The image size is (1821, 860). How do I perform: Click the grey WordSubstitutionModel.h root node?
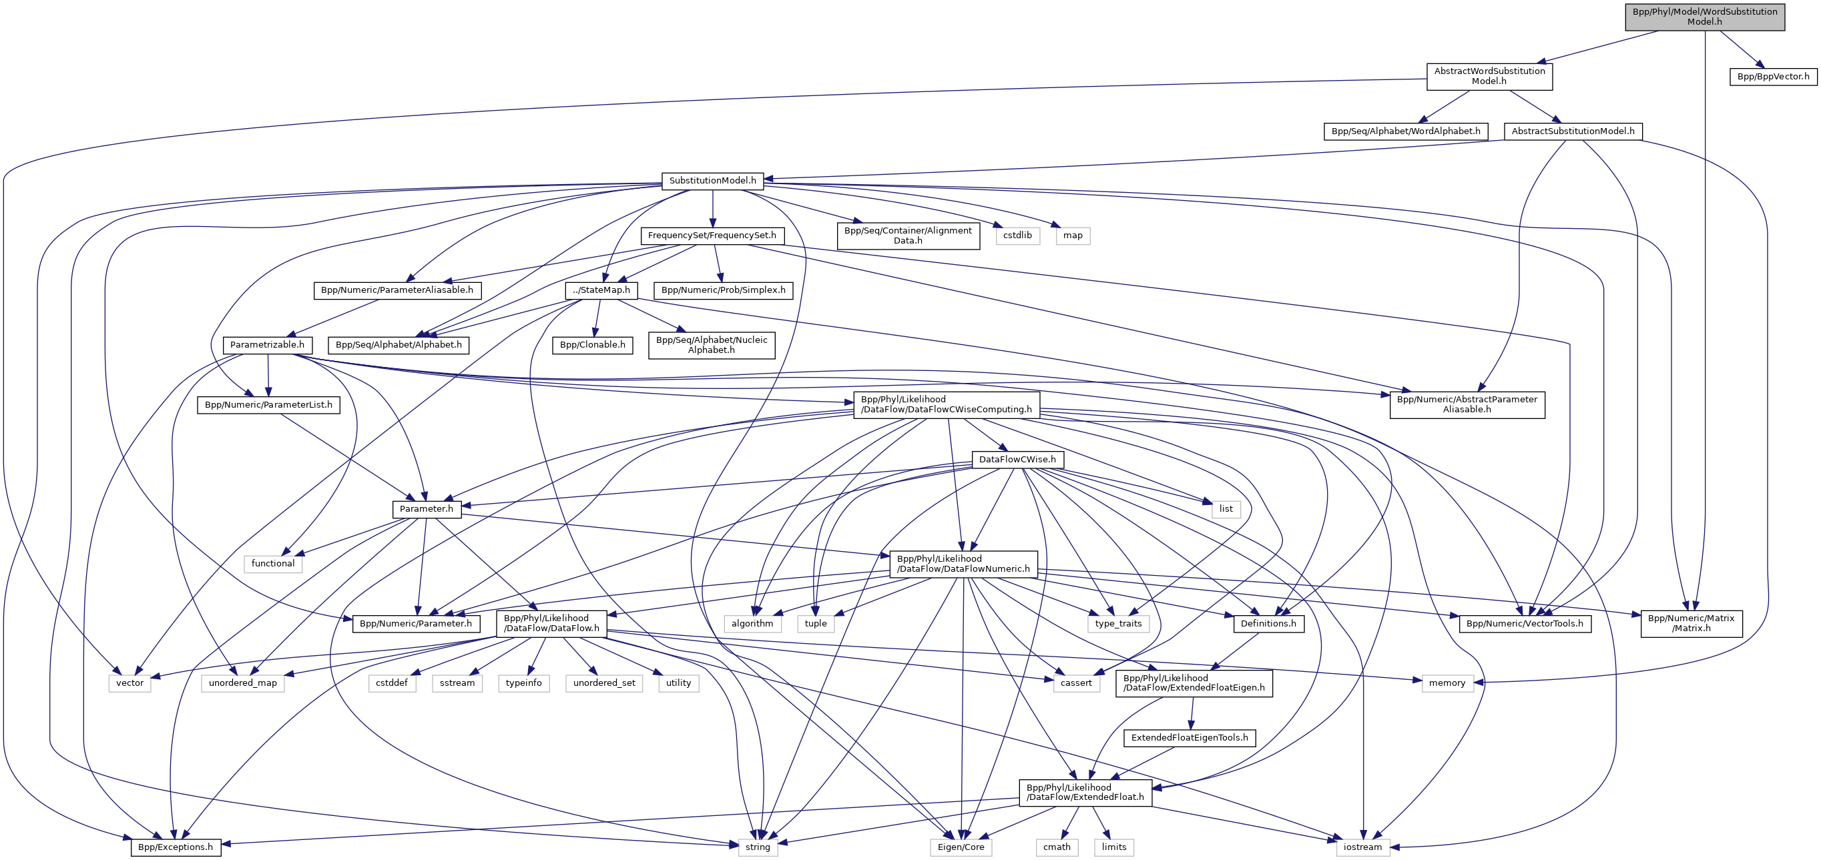coord(1704,16)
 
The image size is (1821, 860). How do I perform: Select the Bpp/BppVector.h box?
coord(1773,76)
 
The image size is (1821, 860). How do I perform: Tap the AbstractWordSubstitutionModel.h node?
coord(1489,75)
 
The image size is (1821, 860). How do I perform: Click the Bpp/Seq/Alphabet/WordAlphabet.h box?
coord(1405,131)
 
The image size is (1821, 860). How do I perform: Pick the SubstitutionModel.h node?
coord(712,181)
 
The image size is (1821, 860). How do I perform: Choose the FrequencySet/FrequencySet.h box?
coord(712,236)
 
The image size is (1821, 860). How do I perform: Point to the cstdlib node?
coord(1017,236)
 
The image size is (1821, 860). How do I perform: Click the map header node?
coord(1073,236)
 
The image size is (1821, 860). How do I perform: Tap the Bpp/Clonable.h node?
coord(592,345)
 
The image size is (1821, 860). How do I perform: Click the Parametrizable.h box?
coord(267,345)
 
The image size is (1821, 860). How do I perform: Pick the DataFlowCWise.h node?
coord(1017,459)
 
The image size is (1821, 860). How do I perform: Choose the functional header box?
coord(273,563)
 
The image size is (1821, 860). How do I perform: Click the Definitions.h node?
coord(1269,623)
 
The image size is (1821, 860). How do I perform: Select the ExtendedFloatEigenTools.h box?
coord(1190,738)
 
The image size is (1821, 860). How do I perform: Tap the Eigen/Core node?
coord(961,847)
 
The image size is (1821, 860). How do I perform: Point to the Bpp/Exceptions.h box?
coord(176,847)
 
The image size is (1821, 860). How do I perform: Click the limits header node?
coord(1114,847)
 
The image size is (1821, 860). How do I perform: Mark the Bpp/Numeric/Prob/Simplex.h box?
coord(723,290)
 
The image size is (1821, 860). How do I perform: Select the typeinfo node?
coord(524,683)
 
